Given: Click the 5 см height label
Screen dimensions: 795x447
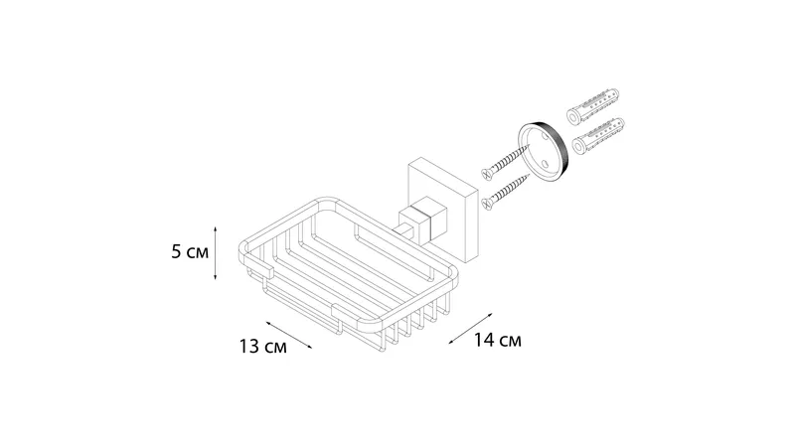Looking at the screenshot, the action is coord(190,252).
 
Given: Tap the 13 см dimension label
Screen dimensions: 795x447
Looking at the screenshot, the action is coord(262,347).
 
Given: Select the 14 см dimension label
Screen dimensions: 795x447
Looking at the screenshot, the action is coord(498,340).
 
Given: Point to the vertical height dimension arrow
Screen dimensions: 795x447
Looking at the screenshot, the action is coord(215,253).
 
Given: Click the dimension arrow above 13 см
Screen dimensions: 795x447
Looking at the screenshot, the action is coord(289,335).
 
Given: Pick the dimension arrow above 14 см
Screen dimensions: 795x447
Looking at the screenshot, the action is coord(470,329).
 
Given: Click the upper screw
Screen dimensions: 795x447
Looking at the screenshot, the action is coord(505,162).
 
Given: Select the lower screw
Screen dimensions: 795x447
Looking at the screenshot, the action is coord(505,192).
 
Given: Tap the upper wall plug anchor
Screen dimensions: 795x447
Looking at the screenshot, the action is coord(592,108).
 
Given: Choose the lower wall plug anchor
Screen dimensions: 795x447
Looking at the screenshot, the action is coord(598,137).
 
